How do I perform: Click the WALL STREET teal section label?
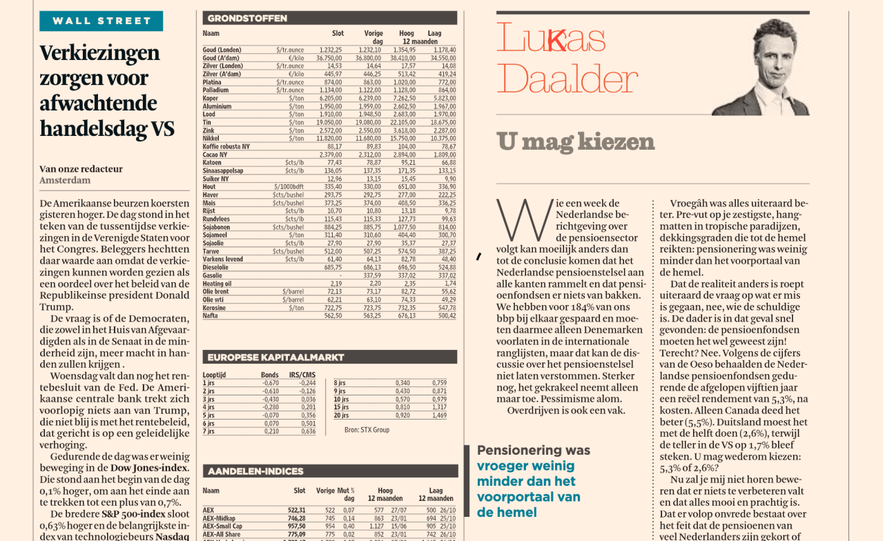101,21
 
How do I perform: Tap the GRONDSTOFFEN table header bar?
329,18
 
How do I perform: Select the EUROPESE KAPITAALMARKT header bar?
329,357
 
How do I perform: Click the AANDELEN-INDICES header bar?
329,471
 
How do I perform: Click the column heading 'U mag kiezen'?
576,142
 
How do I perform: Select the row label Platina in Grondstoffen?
212,82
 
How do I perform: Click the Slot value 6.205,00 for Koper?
331,99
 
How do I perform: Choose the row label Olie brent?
216,291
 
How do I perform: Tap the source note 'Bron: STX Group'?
367,430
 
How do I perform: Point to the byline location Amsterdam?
65,180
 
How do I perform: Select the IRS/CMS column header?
302,375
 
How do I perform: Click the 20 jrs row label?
341,415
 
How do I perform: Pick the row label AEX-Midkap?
219,518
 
